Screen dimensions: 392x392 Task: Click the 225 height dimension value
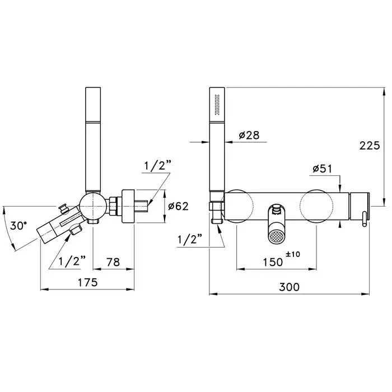point(370,146)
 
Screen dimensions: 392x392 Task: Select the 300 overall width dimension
point(290,287)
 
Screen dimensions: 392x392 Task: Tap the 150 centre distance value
point(273,262)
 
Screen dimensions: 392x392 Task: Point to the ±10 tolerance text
point(293,254)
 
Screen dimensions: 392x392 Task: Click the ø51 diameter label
point(323,169)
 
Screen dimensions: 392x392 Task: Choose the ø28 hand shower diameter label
point(249,136)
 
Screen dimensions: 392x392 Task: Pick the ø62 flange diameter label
point(178,206)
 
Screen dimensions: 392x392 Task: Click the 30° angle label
point(18,226)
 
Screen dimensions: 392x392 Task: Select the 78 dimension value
point(113,262)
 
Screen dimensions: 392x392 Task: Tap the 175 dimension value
point(87,283)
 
